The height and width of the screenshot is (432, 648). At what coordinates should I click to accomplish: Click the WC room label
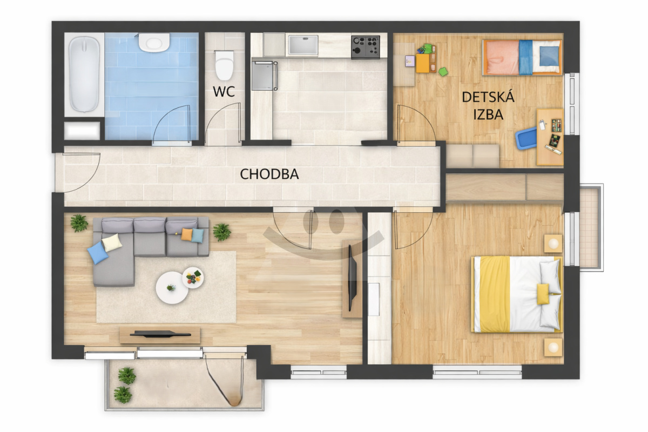pyautogui.click(x=224, y=92)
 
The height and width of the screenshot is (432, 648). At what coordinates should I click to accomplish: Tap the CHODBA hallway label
pyautogui.click(x=269, y=174)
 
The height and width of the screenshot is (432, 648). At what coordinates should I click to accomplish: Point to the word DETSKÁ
pyautogui.click(x=488, y=97)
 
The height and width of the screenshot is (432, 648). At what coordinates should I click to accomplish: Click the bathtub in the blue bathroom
pyautogui.click(x=84, y=74)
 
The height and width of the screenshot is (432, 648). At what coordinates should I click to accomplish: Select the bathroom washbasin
pyautogui.click(x=154, y=43)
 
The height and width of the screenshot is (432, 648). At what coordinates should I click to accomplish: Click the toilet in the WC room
pyautogui.click(x=224, y=66)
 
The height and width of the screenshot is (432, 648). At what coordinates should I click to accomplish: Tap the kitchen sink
pyautogui.click(x=303, y=45)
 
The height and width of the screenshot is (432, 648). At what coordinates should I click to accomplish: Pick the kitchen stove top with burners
pyautogui.click(x=366, y=46)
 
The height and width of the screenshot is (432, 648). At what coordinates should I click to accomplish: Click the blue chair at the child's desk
pyautogui.click(x=525, y=138)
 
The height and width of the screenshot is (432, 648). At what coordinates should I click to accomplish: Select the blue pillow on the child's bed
pyautogui.click(x=549, y=56)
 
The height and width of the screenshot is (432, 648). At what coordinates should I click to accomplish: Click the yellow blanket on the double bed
pyautogui.click(x=495, y=294)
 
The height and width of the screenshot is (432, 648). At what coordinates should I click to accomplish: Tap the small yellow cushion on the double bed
pyautogui.click(x=543, y=294)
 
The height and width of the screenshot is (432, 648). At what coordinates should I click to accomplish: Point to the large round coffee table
pyautogui.click(x=172, y=288)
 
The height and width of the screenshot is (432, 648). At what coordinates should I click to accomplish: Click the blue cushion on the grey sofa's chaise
pyautogui.click(x=98, y=253)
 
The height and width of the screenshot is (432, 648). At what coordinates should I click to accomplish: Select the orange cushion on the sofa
pyautogui.click(x=187, y=234)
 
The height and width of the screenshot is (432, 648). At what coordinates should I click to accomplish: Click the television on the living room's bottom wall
pyautogui.click(x=160, y=334)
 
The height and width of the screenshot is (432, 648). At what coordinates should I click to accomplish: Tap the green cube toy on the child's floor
pyautogui.click(x=443, y=71)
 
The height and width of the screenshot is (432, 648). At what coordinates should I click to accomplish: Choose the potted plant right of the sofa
pyautogui.click(x=222, y=232)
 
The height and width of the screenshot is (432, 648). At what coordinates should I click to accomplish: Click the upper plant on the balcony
pyautogui.click(x=127, y=376)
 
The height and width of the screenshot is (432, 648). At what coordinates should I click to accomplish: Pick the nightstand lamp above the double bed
pyautogui.click(x=553, y=244)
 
